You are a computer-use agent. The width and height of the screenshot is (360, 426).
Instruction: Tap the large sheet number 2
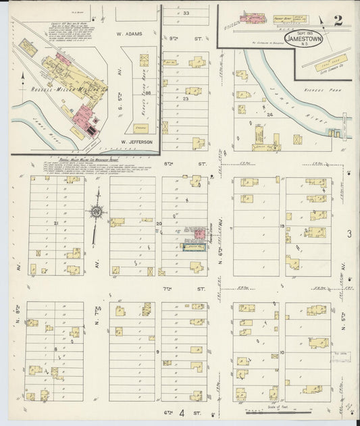(337, 19)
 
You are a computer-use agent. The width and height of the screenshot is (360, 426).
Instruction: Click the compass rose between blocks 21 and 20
(96, 214)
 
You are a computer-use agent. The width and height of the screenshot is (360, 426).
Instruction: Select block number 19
(281, 227)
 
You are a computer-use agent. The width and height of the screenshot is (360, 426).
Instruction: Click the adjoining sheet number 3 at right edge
(349, 234)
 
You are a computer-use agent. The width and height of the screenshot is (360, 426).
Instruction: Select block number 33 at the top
(185, 13)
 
